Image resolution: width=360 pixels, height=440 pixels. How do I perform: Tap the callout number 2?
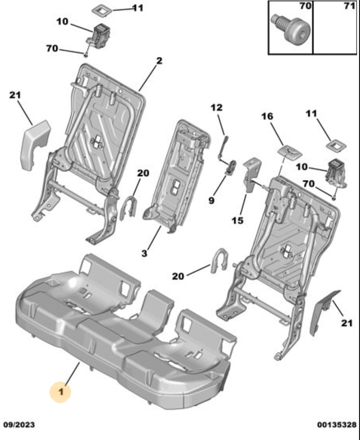(x=159, y=61)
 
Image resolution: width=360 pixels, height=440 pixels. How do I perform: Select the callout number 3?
(x=144, y=253)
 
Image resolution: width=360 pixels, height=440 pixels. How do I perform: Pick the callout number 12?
(x=217, y=107)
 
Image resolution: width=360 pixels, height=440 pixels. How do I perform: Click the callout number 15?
(x=238, y=220)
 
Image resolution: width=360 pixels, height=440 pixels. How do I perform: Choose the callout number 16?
(x=267, y=117)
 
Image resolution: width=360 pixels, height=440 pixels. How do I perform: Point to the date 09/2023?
(x=19, y=424)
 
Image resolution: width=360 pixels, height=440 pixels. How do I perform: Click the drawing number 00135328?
(x=337, y=424)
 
